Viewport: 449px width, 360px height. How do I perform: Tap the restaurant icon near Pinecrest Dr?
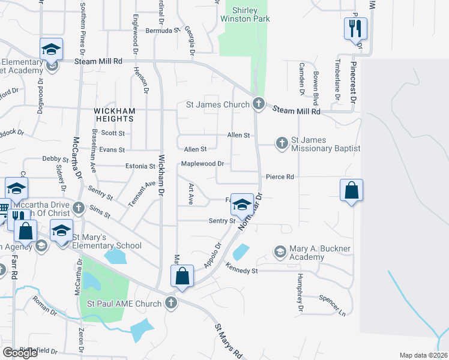[355, 28]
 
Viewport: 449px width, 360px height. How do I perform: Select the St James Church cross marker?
[259, 104]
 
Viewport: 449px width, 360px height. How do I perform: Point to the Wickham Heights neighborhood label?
[114, 115]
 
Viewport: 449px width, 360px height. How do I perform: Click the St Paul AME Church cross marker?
[172, 303]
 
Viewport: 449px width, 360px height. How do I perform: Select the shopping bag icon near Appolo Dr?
[182, 276]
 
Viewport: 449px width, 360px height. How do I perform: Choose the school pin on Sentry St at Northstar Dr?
[242, 205]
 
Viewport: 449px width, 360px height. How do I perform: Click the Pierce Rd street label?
[280, 177]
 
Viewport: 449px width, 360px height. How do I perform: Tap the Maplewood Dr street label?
[202, 163]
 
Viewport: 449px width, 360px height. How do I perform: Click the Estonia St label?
[140, 166]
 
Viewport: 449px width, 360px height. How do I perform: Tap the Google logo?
[20, 353]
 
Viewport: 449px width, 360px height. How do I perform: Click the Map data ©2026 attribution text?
[423, 355]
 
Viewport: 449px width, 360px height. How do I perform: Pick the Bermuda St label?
[163, 30]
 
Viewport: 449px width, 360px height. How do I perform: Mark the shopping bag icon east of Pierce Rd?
[351, 191]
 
